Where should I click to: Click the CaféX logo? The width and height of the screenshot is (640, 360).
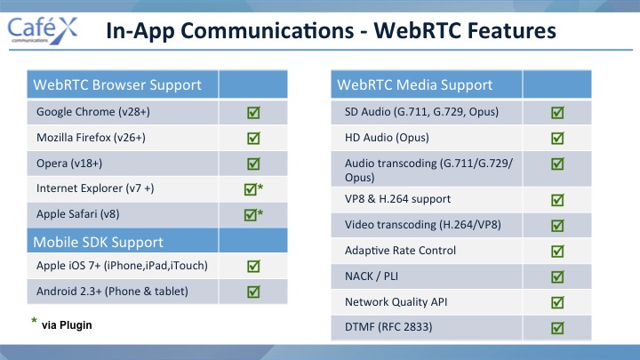[x=43, y=30]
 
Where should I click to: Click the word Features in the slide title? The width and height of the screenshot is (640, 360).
[x=511, y=30]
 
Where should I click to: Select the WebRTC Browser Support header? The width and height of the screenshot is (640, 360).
[x=117, y=85]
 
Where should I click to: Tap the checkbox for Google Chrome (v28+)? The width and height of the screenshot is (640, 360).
[x=253, y=112]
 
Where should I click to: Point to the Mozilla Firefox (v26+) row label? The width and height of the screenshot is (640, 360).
[x=91, y=138]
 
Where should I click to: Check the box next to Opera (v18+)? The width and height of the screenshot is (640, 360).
[x=253, y=164]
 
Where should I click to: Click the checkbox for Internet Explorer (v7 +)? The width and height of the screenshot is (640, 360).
[x=250, y=189]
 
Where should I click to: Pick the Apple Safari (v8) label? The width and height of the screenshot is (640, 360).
[x=78, y=214]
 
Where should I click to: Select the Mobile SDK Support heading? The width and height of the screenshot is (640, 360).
[x=98, y=242]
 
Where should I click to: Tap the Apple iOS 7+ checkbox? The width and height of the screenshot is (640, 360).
[x=253, y=266]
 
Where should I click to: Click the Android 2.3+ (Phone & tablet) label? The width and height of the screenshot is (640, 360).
[x=112, y=292]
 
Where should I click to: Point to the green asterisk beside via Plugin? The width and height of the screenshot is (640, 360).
[x=34, y=321]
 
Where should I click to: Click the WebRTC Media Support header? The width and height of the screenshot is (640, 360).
[x=415, y=85]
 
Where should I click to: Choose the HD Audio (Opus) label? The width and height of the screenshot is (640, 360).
[x=387, y=138]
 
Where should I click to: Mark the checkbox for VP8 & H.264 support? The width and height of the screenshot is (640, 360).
[x=557, y=200]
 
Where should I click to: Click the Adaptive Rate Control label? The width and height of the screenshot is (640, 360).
[x=400, y=251]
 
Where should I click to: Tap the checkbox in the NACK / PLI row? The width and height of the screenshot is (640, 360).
[x=557, y=276]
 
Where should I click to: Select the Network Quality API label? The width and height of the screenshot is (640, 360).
[x=396, y=302]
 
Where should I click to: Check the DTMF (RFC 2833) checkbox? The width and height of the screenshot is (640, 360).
[x=557, y=328]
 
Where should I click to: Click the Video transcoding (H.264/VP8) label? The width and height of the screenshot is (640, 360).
[x=423, y=225]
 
